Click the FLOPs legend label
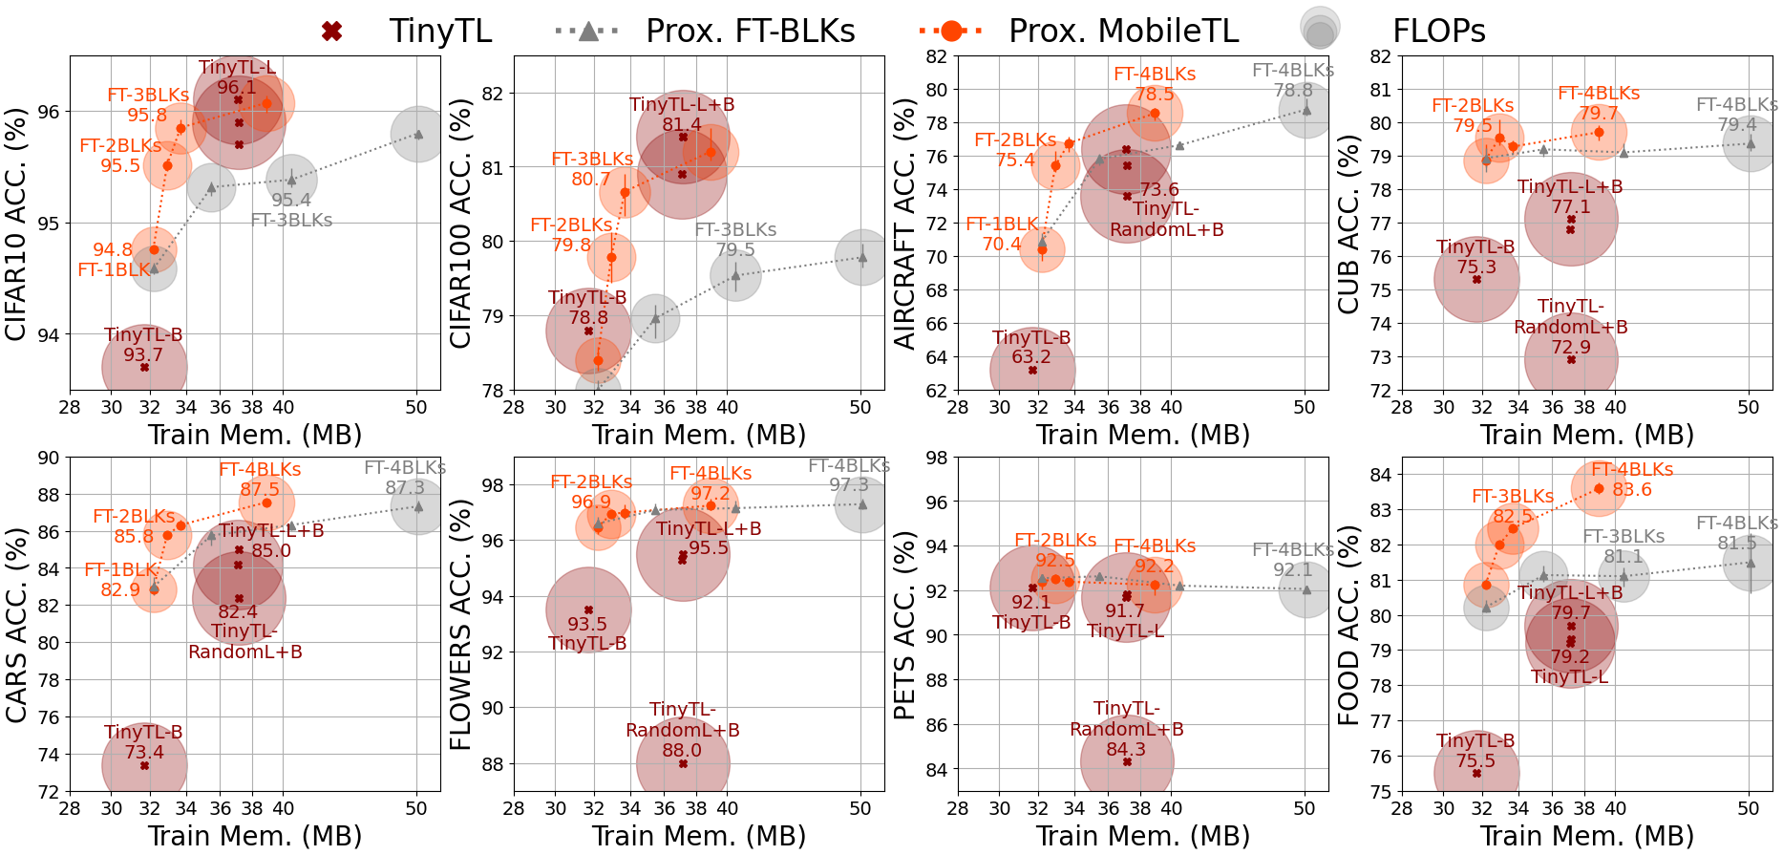(1438, 32)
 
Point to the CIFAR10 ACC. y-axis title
(16, 224)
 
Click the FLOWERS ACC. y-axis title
(460, 625)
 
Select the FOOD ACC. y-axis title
(1348, 625)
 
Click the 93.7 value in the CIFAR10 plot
(143, 354)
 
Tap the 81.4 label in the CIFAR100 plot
(681, 124)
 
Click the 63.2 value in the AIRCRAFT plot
(1031, 356)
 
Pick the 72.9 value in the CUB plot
(1571, 347)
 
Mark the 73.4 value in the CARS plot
(143, 752)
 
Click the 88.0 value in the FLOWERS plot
(682, 750)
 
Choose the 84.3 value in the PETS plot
(1126, 749)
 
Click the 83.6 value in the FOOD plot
(1631, 489)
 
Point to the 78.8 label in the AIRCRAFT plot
(1292, 90)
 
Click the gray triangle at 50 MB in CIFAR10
(418, 133)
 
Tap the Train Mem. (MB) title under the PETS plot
(1143, 836)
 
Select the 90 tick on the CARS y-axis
(48, 458)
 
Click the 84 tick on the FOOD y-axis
(1380, 475)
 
